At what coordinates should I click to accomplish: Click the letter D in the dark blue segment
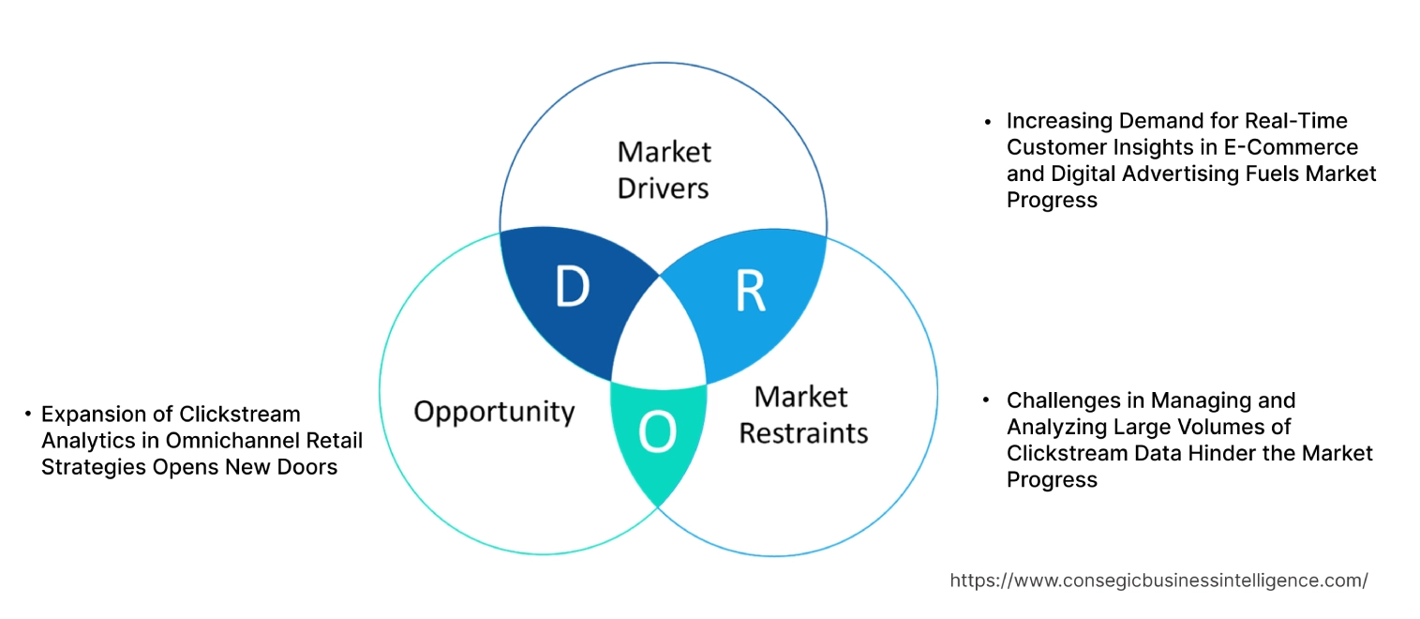[x=572, y=287]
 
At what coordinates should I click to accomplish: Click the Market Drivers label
[x=664, y=170]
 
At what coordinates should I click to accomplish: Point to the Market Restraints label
[x=803, y=415]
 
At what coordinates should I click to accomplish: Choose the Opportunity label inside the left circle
[x=494, y=411]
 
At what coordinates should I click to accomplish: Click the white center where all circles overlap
[x=659, y=342]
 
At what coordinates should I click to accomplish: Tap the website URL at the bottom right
[x=1158, y=581]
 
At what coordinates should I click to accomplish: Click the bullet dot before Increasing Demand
[x=987, y=122]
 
